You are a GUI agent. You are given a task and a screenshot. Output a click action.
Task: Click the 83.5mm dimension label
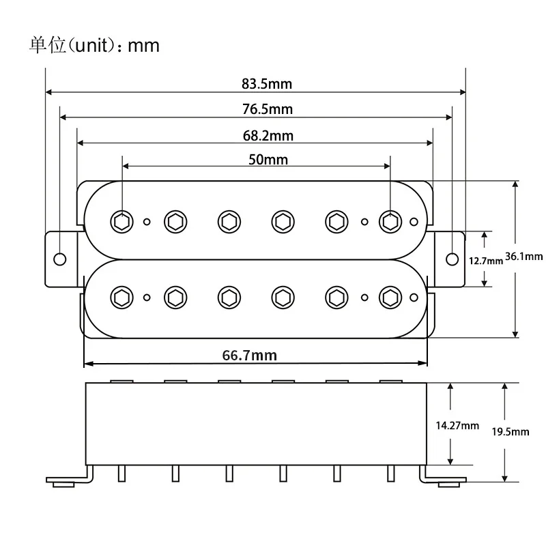click(266, 85)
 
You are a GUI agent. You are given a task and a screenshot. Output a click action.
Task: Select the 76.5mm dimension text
click(268, 110)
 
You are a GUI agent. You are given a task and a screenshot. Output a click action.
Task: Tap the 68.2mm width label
click(268, 136)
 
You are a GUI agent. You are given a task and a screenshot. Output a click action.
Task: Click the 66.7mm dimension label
click(249, 355)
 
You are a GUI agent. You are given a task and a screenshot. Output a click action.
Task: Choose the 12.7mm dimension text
click(483, 260)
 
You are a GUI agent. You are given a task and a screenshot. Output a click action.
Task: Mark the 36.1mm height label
click(523, 257)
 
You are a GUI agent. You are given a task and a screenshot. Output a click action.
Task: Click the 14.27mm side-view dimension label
click(457, 425)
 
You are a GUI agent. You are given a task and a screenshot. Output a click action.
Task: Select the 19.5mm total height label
click(511, 432)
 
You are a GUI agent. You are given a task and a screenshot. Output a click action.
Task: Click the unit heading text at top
click(94, 45)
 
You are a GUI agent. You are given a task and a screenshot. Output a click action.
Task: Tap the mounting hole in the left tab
click(60, 259)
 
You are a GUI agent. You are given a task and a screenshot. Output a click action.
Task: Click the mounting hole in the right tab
click(452, 259)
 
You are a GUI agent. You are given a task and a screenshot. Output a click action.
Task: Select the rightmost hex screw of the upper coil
click(390, 220)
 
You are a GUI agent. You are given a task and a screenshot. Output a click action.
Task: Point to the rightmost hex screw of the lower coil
click(390, 296)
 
